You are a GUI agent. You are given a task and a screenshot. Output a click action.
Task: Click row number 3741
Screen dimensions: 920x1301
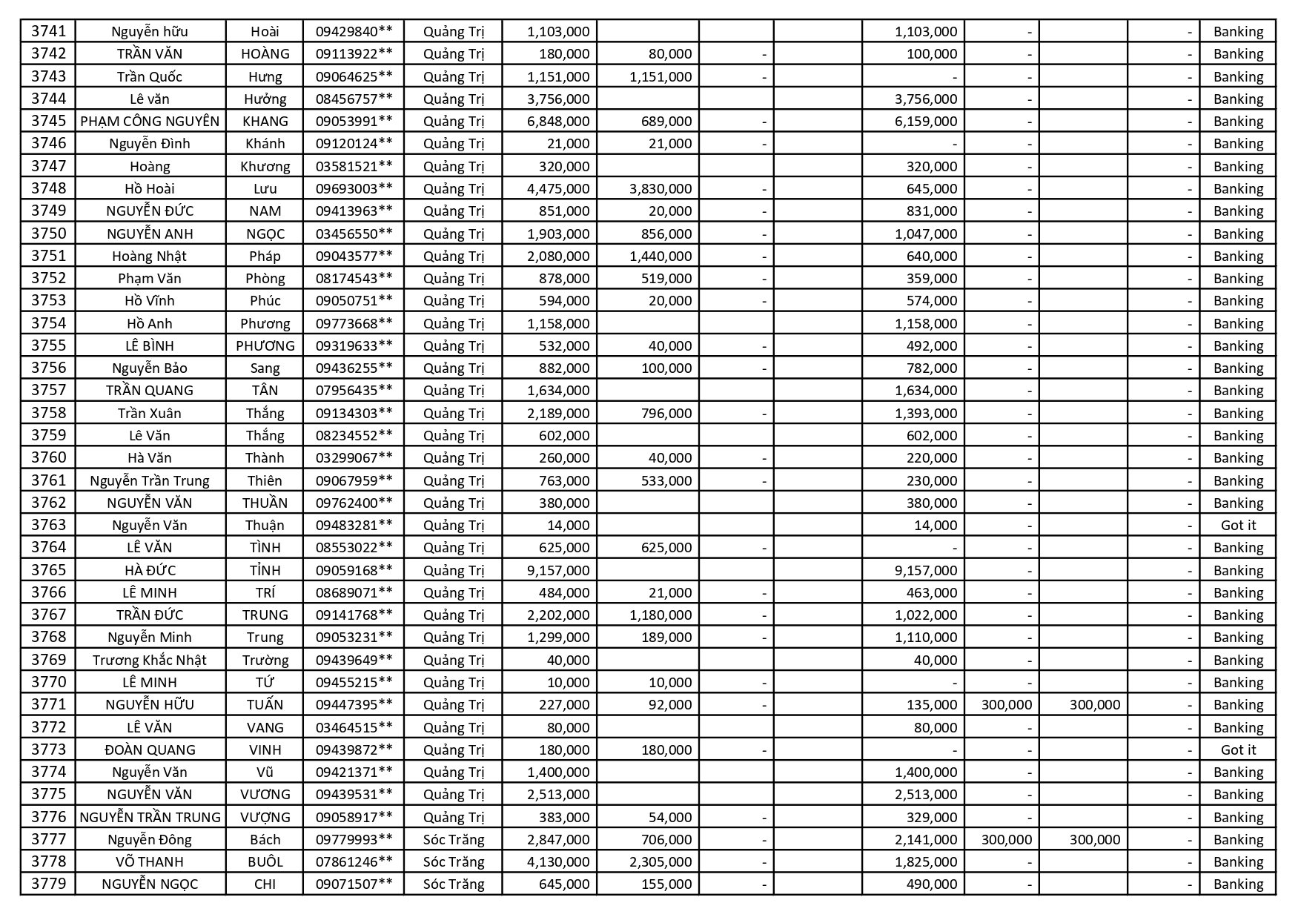tap(48, 31)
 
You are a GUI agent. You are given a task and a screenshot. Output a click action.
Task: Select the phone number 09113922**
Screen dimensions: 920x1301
tap(354, 54)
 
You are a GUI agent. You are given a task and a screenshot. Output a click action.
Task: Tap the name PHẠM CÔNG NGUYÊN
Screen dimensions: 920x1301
tap(150, 122)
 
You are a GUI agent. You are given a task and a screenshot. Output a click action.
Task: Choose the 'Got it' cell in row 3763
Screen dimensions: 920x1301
tap(1238, 526)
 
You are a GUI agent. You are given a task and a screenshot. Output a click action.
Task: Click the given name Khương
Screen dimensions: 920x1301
tap(265, 167)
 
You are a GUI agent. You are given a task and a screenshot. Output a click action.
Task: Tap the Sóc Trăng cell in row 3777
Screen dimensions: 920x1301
tap(453, 840)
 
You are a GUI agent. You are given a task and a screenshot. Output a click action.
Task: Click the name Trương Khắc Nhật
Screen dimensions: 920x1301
tap(150, 661)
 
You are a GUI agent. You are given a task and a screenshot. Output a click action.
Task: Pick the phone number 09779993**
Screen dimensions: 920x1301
tap(354, 840)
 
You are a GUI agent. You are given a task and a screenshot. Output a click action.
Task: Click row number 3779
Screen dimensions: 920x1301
tap(48, 884)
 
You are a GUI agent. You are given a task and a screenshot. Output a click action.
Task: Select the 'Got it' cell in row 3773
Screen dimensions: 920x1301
tap(1238, 750)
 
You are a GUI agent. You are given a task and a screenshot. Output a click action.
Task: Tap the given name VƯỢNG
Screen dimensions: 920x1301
tap(265, 818)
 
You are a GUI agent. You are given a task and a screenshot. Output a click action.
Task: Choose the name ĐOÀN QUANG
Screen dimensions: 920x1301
tap(150, 750)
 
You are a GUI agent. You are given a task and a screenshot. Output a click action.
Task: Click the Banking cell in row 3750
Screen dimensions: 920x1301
tap(1238, 234)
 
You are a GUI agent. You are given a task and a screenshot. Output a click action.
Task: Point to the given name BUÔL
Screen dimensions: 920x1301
tap(265, 862)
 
